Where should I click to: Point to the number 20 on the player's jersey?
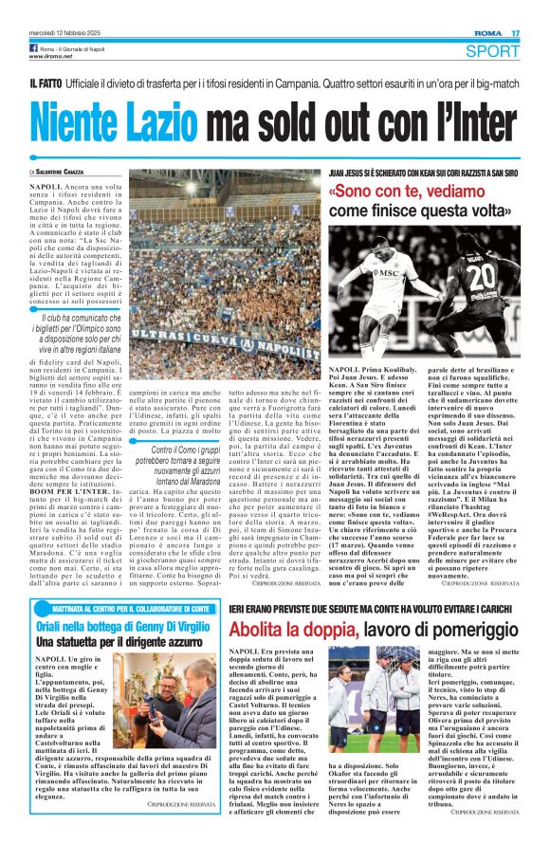pyautogui.click(x=482, y=277)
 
